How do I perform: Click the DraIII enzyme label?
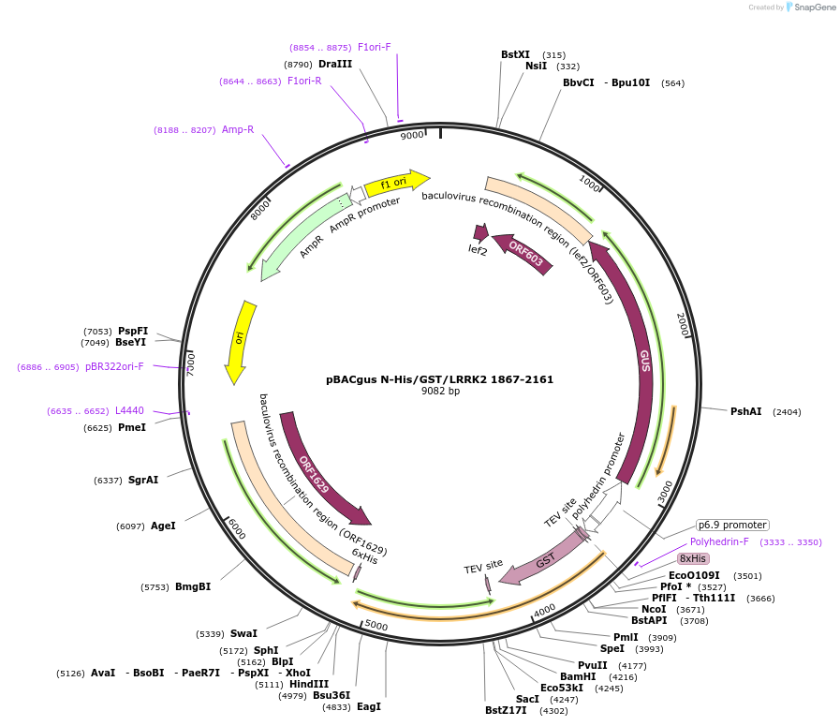[x=335, y=64]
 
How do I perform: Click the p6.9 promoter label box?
[x=732, y=525]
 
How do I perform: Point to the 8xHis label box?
[x=694, y=557]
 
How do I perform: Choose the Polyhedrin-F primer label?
[x=719, y=541]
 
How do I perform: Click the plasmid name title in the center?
[x=439, y=379]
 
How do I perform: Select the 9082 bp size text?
[x=440, y=392]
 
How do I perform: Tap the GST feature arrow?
[x=541, y=561]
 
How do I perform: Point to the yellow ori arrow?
[x=241, y=341]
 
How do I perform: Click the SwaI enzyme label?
[x=243, y=633]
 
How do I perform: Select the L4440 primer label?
[x=129, y=411]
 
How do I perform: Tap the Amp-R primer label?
[x=238, y=129]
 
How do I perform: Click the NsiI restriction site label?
[x=536, y=67]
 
